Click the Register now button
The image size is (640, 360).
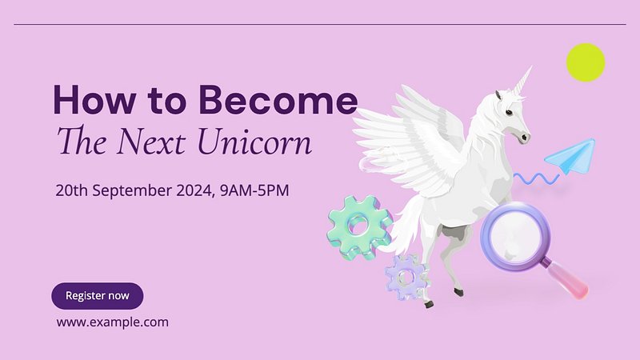(x=97, y=296)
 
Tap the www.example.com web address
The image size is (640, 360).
(x=113, y=322)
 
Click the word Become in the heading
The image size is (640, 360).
(x=278, y=100)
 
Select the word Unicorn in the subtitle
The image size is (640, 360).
(x=254, y=142)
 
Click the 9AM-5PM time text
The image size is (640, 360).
(x=254, y=190)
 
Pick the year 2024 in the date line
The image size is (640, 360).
(x=195, y=190)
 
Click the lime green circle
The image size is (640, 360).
(x=586, y=62)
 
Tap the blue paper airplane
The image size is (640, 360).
(x=571, y=156)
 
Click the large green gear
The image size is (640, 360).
(x=359, y=227)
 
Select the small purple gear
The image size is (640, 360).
(x=406, y=277)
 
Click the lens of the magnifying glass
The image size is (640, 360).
(x=516, y=237)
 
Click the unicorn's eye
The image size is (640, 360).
(x=509, y=112)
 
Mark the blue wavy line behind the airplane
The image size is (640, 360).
(x=536, y=178)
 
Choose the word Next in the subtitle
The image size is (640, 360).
(x=151, y=142)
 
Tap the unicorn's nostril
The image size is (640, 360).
(x=523, y=138)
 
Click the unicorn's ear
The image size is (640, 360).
(x=498, y=96)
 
